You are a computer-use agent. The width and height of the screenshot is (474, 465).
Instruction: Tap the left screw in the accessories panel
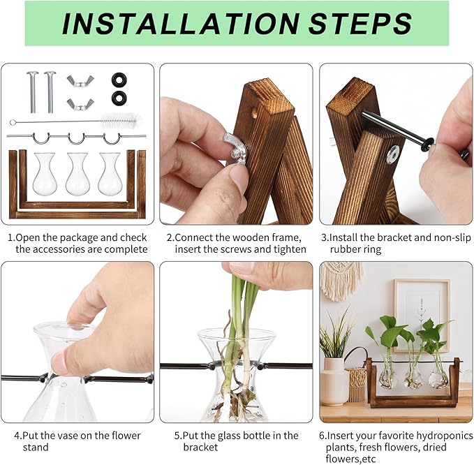[x=32, y=91]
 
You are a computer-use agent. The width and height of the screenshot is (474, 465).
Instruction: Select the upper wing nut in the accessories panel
[x=80, y=81]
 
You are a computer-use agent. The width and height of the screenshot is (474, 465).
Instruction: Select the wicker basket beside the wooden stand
[x=357, y=384]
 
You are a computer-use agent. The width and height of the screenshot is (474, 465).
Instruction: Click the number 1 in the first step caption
[x=10, y=238]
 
